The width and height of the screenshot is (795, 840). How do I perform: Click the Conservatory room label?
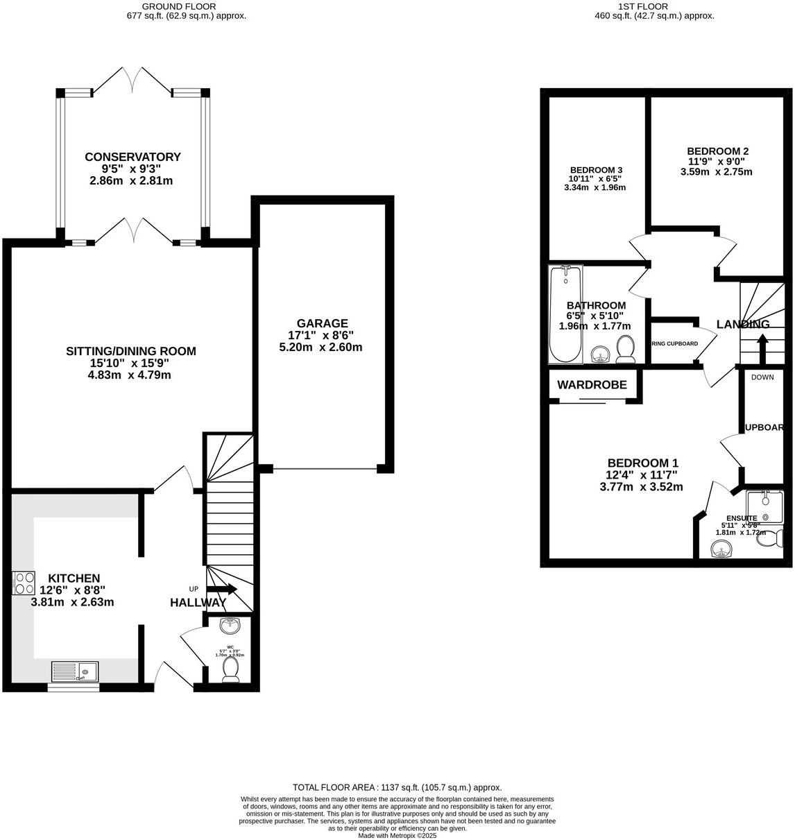pyautogui.click(x=132, y=157)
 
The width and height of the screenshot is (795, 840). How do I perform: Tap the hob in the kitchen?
pyautogui.click(x=24, y=582)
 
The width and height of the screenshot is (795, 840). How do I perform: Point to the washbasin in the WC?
pyautogui.click(x=230, y=626)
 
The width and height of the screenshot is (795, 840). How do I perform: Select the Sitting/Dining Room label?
pyautogui.click(x=131, y=351)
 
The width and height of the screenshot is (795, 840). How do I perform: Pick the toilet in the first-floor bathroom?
pyautogui.click(x=626, y=349)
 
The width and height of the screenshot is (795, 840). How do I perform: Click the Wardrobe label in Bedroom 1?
pyautogui.click(x=592, y=385)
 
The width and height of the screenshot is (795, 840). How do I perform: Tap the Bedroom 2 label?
pyautogui.click(x=717, y=151)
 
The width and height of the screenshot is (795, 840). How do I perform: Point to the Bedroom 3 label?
pyautogui.click(x=596, y=170)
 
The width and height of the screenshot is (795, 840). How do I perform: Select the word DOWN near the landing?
pyautogui.click(x=762, y=377)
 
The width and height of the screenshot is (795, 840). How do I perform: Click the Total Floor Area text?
pyautogui.click(x=397, y=787)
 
